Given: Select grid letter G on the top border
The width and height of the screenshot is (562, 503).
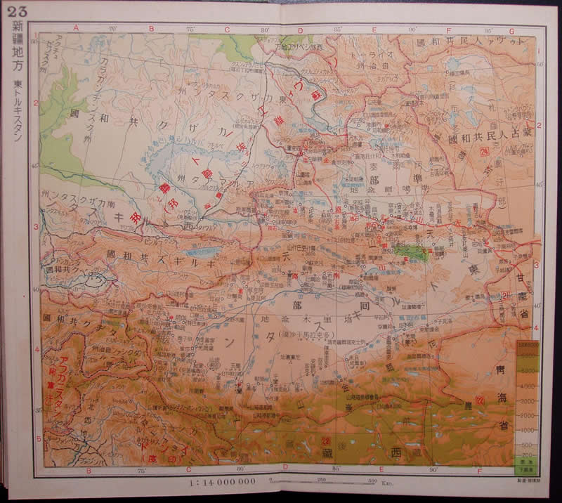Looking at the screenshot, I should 511,31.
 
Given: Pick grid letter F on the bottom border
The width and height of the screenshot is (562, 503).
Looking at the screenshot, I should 479,471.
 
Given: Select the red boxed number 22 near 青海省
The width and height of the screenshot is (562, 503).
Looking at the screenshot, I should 481,400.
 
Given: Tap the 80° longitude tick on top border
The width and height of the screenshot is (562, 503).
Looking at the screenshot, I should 265,30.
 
